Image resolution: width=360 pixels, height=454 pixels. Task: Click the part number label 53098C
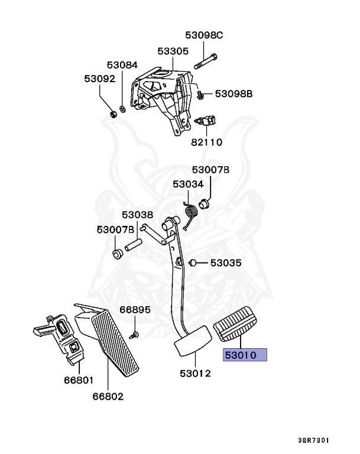(204, 35)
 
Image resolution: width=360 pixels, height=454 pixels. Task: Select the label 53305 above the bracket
(173, 51)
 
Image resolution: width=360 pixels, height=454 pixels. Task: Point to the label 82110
(206, 142)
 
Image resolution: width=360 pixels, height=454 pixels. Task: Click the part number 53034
(188, 184)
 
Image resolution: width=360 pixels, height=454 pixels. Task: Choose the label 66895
(135, 310)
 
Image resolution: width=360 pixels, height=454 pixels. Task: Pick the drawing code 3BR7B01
(314, 440)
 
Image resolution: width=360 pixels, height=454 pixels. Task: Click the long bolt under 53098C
(205, 61)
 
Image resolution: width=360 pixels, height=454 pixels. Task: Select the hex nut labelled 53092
(113, 113)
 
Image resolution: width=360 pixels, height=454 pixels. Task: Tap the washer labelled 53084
(123, 109)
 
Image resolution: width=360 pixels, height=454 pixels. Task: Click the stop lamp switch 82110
(205, 121)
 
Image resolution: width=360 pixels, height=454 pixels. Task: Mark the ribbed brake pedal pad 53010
(235, 324)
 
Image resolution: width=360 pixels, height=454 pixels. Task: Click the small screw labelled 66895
(134, 335)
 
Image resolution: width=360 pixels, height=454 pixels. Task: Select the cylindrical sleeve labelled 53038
(133, 244)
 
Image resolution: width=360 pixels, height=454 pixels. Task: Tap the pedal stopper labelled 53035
(192, 263)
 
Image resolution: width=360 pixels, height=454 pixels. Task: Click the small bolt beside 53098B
(200, 95)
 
